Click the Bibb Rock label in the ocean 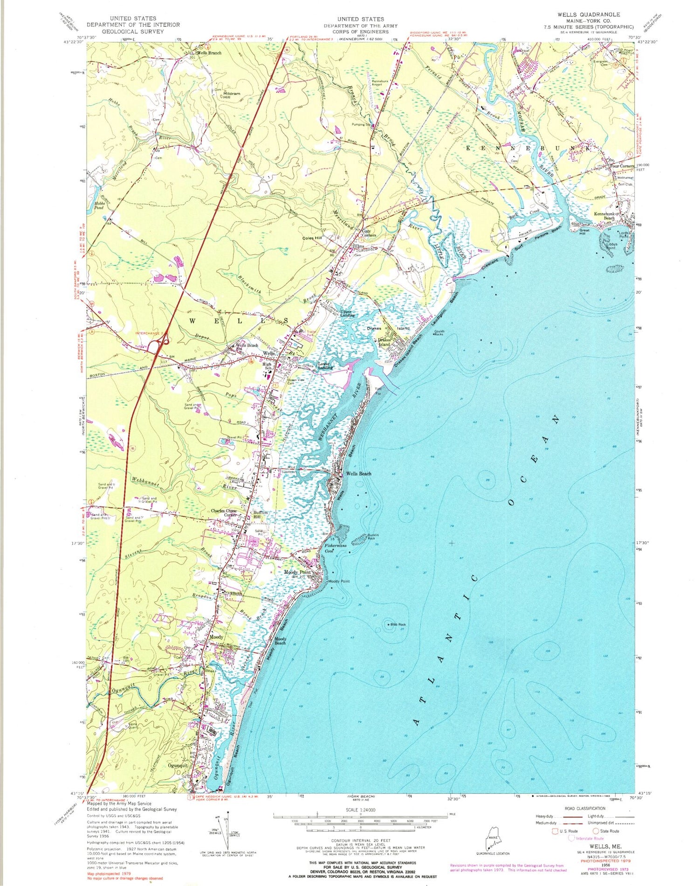(398, 624)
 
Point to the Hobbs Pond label (99, 206)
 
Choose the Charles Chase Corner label (224, 512)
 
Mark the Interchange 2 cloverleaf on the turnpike (160, 346)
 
